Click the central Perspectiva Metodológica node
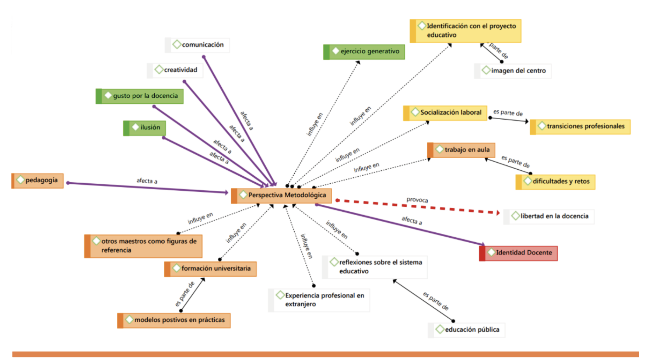coord(282,195)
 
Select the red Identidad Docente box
coord(519,253)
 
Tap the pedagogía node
coord(38,180)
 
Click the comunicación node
coord(197,45)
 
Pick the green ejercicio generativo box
coord(364,52)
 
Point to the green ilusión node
coord(145,128)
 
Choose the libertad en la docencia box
coord(549,216)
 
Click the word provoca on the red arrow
coord(417,200)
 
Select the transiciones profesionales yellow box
coord(580,127)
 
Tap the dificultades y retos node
coord(556,181)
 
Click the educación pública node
coord(467,330)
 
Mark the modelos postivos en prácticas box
coord(174,320)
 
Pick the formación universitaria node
coord(211,269)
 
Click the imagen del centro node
coord(513,71)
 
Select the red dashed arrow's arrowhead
coord(498,213)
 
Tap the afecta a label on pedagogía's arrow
coord(147,181)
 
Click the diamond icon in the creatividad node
coord(159,70)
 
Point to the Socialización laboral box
coord(446,113)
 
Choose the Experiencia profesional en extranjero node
coord(319,300)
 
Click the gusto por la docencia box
coord(140,96)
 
